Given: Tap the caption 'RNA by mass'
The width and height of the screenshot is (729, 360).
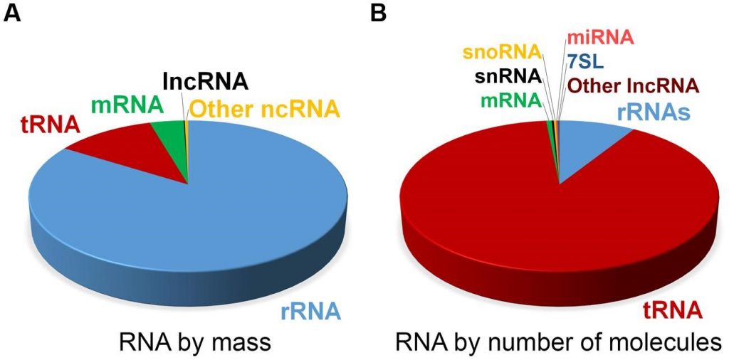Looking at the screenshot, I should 195,343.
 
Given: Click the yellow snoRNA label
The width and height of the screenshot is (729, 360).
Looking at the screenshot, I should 503,53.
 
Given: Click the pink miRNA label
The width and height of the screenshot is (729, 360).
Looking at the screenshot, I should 599,38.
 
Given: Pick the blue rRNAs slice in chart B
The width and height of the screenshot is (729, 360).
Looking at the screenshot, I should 595,146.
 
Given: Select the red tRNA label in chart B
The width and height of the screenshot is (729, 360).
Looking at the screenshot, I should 673,310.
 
